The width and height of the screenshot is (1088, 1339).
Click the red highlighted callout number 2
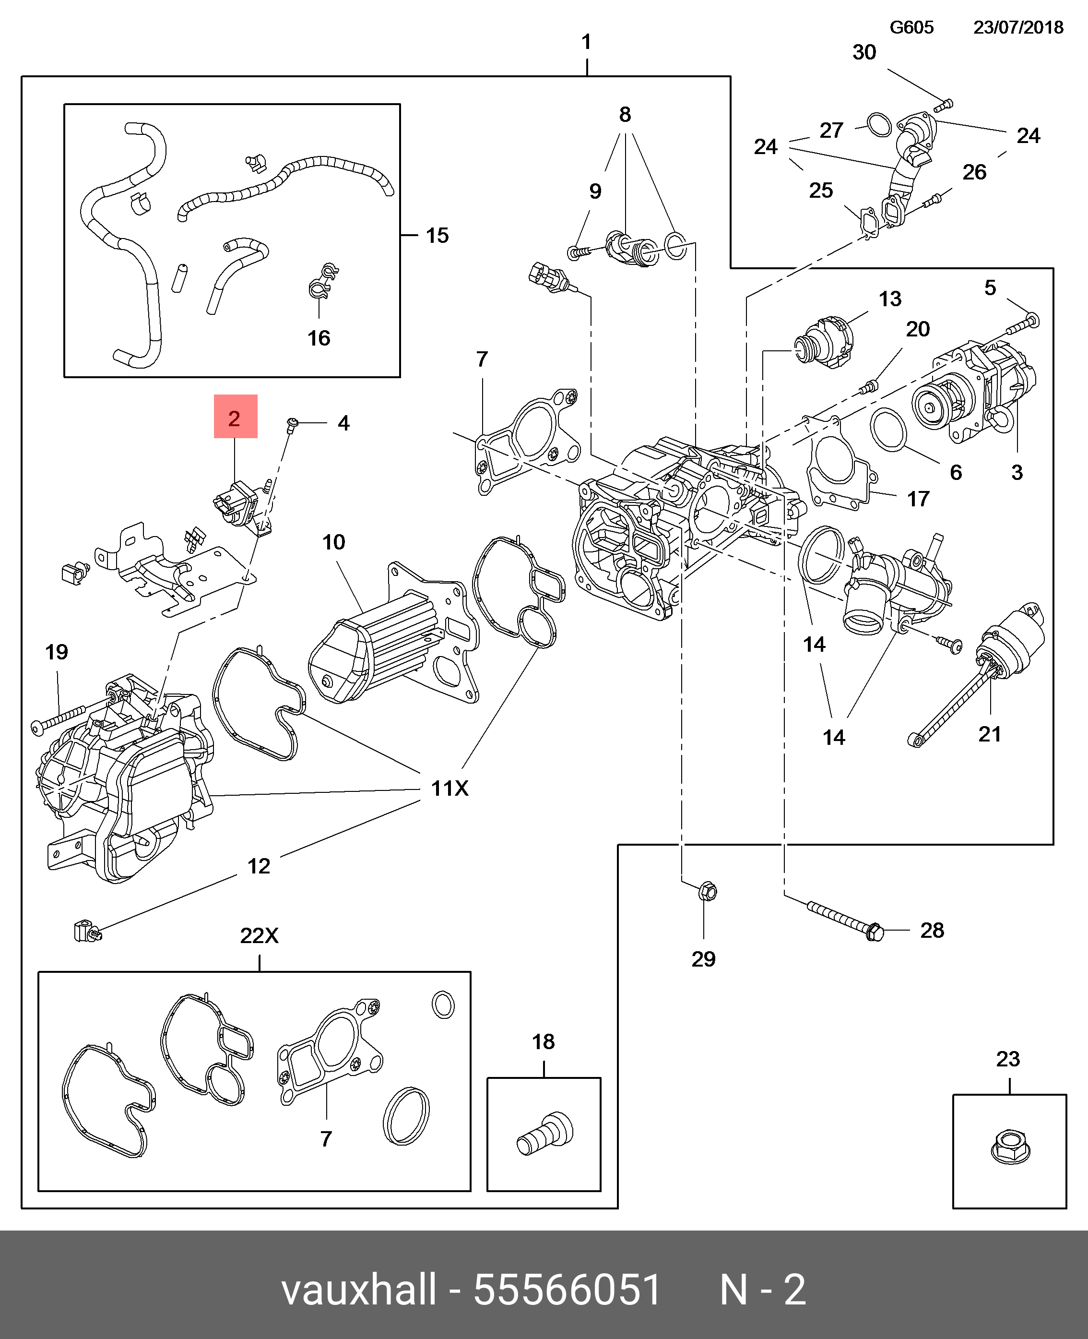[235, 418]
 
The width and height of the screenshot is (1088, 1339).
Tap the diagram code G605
[911, 27]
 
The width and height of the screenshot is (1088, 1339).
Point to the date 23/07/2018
[1018, 27]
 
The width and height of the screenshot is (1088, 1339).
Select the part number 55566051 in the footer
[567, 1290]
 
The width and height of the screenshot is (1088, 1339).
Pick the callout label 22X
[259, 935]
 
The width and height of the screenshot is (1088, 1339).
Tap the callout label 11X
[449, 788]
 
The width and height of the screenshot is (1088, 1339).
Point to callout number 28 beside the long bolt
[932, 930]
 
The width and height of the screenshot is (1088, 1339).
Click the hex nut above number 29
[706, 891]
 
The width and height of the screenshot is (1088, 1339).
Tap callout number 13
[890, 299]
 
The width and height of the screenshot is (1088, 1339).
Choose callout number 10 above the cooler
[333, 542]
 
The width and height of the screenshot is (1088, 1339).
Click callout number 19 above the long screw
[57, 652]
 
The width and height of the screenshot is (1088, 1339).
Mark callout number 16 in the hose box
[319, 338]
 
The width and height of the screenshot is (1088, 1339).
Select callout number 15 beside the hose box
[437, 235]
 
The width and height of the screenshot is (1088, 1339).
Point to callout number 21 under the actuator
[990, 733]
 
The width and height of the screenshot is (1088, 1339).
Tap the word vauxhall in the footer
[358, 1290]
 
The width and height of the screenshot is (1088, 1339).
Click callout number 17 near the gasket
[918, 499]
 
